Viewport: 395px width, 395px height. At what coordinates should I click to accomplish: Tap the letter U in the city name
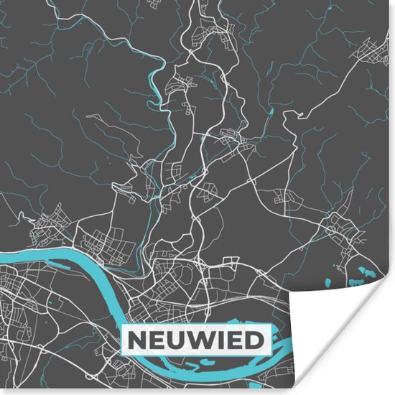point(174,339)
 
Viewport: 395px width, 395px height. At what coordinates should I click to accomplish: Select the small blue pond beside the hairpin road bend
point(192,175)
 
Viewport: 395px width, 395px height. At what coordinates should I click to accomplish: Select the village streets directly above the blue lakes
point(338,230)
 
